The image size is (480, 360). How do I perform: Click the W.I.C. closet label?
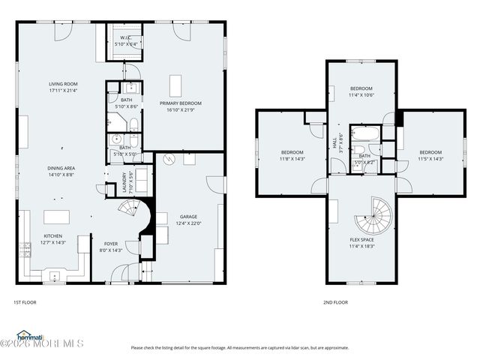(122, 41)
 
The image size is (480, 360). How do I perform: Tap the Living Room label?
(64, 87)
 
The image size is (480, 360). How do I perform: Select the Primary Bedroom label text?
(180, 106)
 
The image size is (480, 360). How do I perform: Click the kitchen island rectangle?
(57, 217)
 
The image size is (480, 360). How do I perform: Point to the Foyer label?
(109, 247)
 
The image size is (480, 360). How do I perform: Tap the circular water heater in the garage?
(169, 159)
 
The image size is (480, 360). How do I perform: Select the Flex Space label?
(361, 242)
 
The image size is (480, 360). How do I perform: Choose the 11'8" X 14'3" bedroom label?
(292, 155)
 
